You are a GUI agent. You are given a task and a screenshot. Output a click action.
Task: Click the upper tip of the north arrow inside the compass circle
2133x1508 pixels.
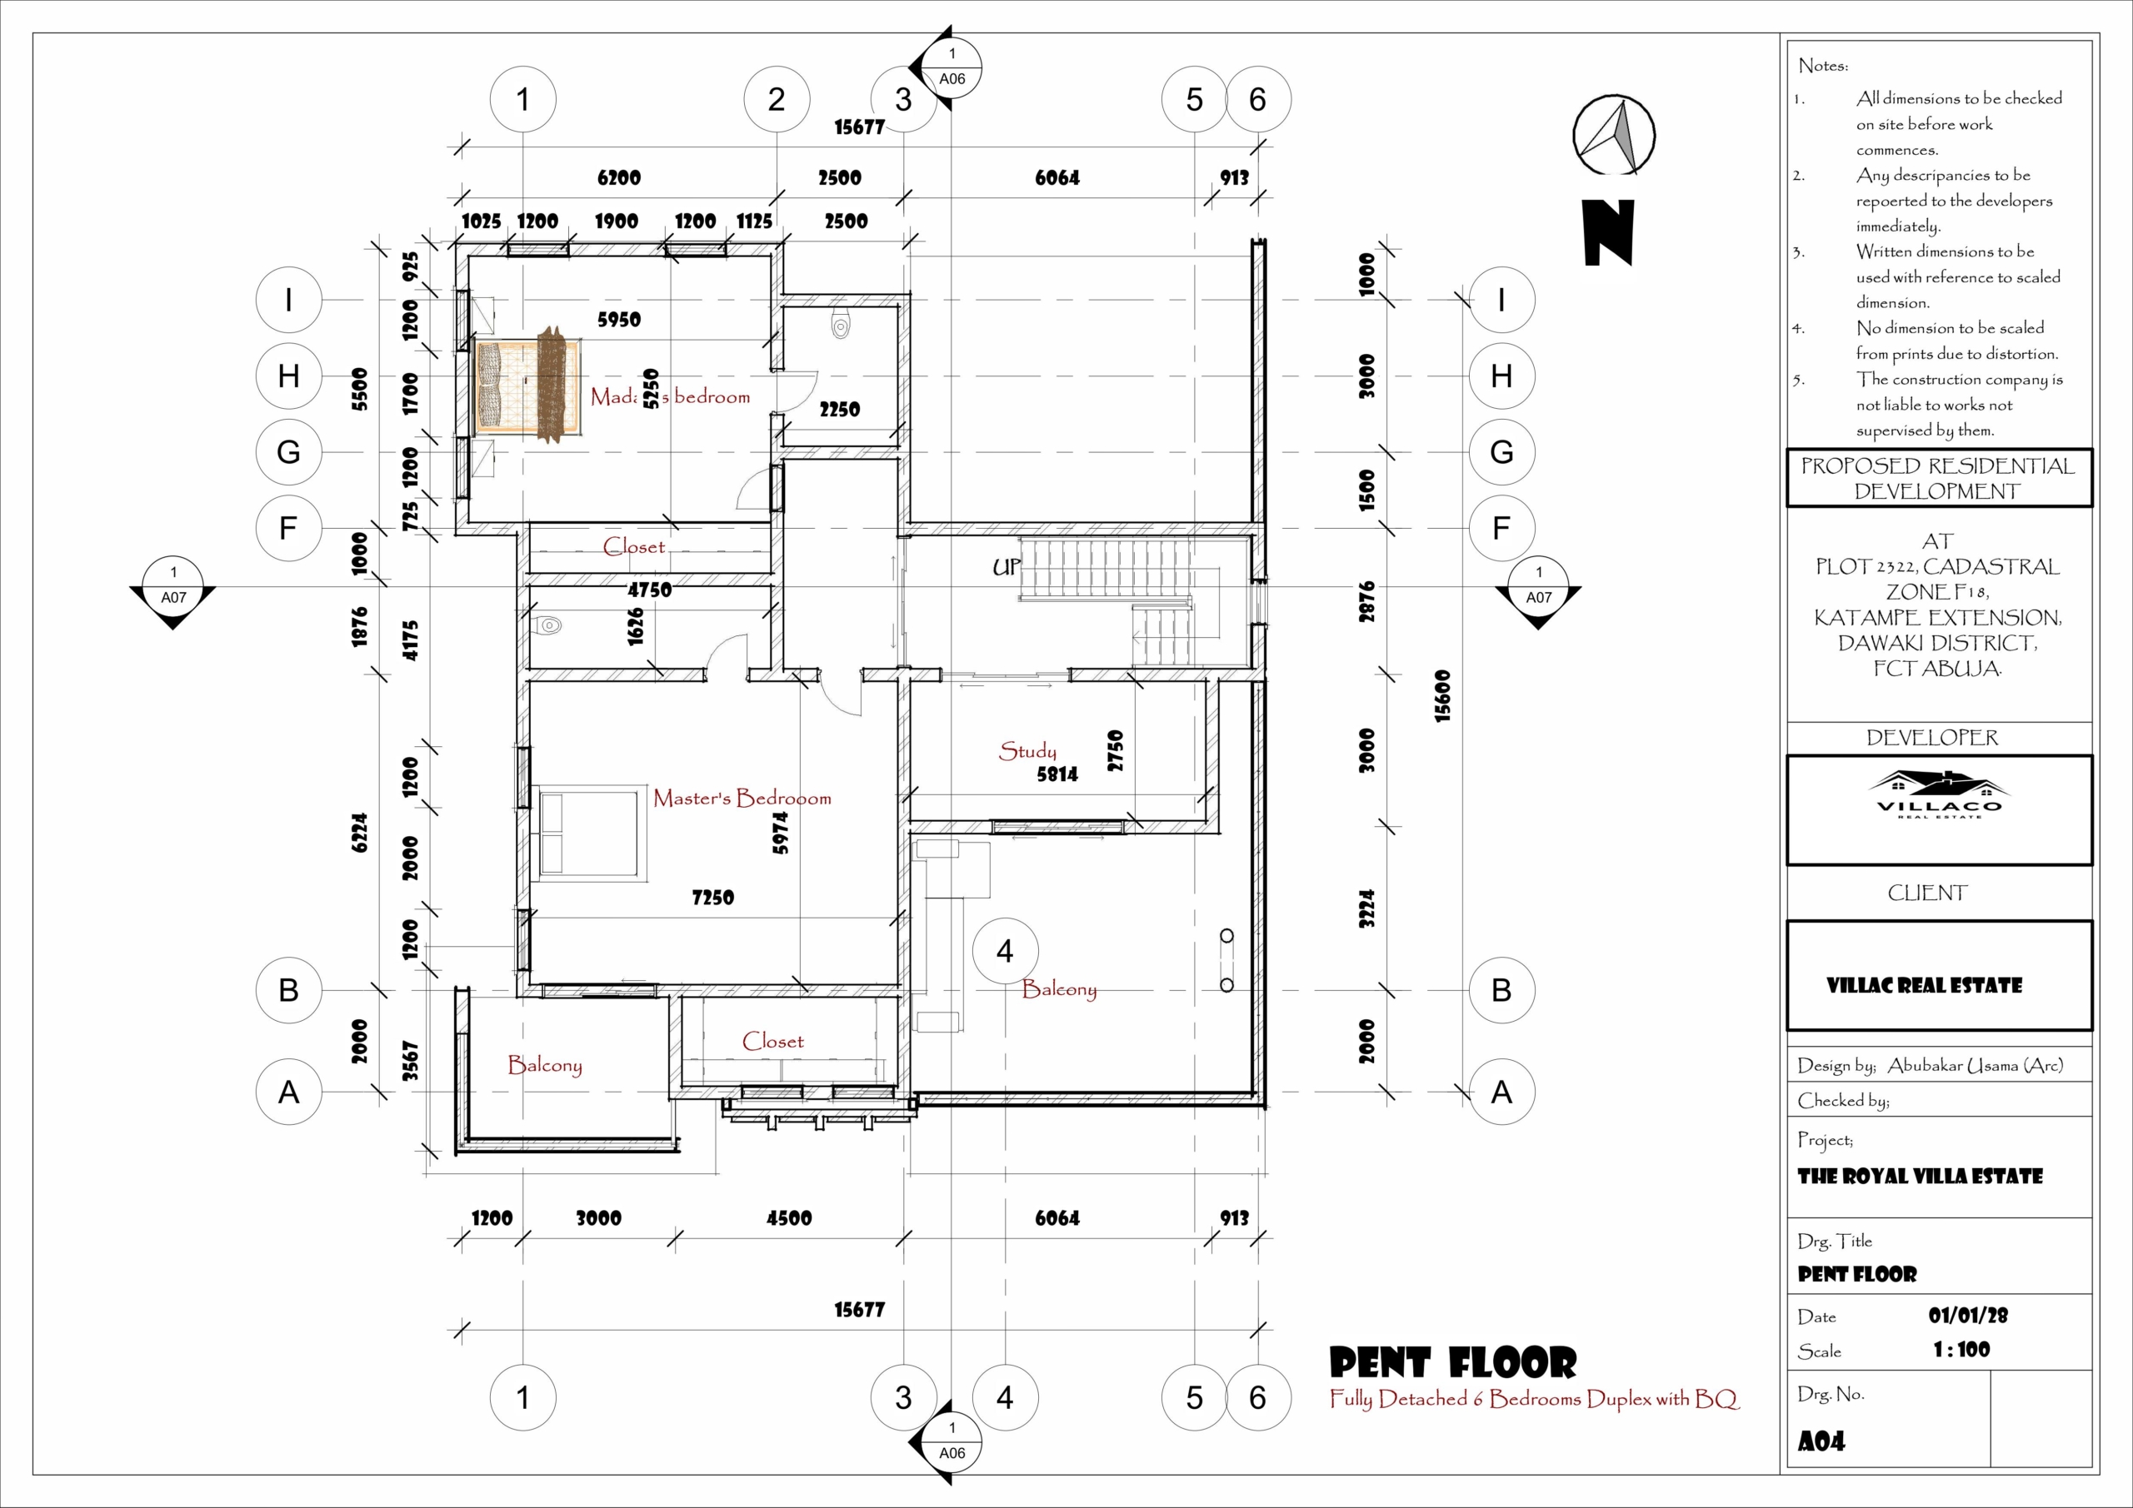pos(1624,102)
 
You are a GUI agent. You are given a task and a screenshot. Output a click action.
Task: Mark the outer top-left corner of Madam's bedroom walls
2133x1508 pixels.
pos(455,244)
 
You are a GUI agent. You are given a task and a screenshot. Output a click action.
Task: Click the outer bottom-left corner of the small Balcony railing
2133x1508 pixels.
pos(455,1153)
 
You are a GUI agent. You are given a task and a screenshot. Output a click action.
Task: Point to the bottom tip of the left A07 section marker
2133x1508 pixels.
pos(172,630)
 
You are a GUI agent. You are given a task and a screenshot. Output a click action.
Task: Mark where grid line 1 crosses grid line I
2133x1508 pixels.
pos(523,300)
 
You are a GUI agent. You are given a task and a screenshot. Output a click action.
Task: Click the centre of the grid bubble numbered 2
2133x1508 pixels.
pos(777,99)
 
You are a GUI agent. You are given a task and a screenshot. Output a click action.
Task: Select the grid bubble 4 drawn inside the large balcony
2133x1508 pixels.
pos(1005,952)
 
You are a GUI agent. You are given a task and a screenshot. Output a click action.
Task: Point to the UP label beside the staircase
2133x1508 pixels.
pos(1007,566)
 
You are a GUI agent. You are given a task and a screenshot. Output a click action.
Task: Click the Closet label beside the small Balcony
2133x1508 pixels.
pos(773,1041)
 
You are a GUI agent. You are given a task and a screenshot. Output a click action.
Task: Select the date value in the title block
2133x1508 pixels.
pos(1968,1315)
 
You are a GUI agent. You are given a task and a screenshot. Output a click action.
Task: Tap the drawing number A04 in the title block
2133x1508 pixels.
pos(1821,1441)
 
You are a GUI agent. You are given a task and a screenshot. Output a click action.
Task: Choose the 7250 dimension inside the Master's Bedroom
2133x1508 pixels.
pos(712,898)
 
